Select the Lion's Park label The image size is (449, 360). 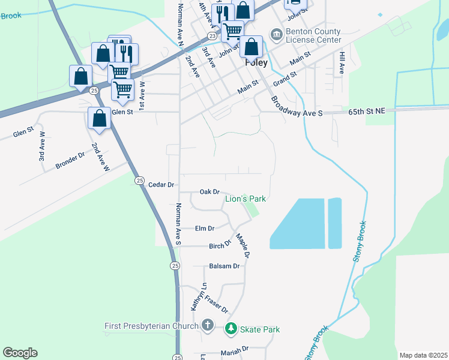tap(245, 199)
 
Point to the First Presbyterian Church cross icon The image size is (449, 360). tap(208, 326)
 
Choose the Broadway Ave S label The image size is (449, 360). tap(297, 107)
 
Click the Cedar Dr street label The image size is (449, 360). tap(161, 185)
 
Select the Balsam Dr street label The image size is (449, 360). tap(224, 266)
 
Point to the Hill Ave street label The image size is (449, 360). tap(342, 62)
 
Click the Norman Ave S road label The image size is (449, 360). tap(178, 223)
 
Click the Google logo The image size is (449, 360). tap(20, 353)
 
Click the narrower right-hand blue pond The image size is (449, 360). tap(334, 223)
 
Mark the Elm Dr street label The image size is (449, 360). tap(205, 228)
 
